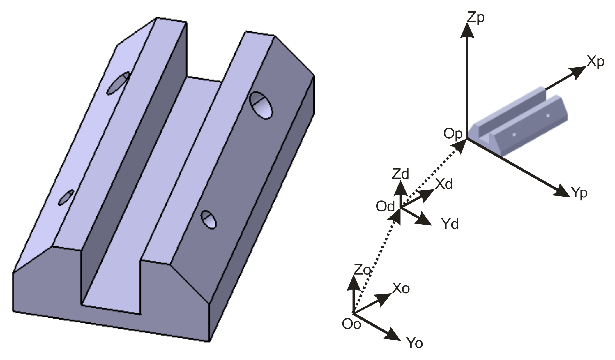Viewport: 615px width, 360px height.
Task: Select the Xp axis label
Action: pos(595,62)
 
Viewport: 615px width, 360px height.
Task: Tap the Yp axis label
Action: pos(579,193)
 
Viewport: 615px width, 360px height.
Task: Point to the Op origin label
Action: pos(453,134)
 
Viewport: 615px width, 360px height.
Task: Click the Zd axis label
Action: pos(400,174)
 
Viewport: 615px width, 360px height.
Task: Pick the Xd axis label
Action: pos(444,184)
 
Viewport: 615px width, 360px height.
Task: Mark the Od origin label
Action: pos(385,207)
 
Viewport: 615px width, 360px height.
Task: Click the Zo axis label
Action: pos(362,270)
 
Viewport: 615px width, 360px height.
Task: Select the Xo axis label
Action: pos(401,289)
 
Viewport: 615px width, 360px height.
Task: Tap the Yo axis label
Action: pos(414,343)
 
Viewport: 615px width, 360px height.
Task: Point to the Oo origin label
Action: pos(351,324)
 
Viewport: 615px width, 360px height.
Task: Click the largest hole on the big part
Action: pos(261,105)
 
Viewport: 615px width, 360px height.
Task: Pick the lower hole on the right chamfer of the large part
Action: pos(209,220)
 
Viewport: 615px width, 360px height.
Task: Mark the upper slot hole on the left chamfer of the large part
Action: pos(118,83)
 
